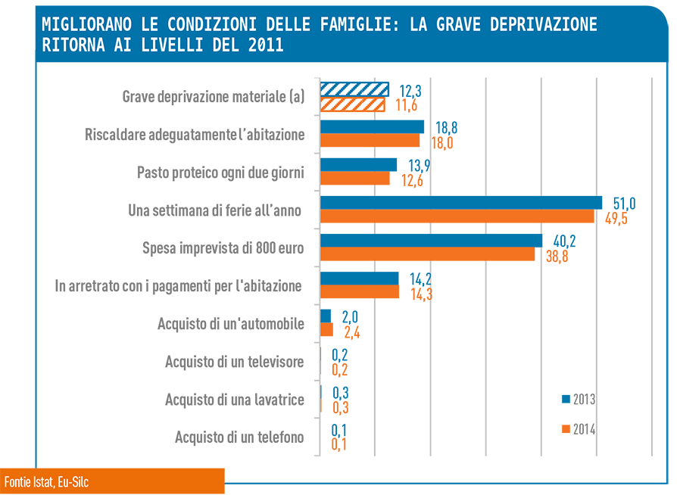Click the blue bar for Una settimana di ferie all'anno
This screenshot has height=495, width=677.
click(x=461, y=203)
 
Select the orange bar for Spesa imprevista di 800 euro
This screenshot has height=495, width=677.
click(x=427, y=254)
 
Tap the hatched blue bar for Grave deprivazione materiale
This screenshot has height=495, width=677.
click(x=354, y=89)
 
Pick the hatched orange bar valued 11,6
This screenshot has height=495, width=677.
click(x=352, y=105)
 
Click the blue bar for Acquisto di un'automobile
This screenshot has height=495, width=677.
click(x=326, y=316)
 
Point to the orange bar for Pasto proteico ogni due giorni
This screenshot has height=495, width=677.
click(x=355, y=178)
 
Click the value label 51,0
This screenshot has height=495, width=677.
click(x=624, y=204)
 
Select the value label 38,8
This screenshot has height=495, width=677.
click(x=557, y=257)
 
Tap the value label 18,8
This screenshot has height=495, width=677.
click(x=447, y=128)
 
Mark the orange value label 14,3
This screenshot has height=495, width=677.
click(x=421, y=294)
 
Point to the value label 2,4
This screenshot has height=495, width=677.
click(x=352, y=332)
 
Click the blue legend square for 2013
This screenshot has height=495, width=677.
click(x=566, y=399)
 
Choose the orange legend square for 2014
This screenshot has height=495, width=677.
click(x=566, y=429)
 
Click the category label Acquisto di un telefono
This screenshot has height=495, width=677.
click(x=239, y=437)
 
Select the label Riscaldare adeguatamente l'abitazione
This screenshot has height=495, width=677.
click(x=195, y=135)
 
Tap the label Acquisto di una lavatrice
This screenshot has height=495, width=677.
click(x=235, y=400)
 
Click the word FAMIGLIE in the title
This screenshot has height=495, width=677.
click(x=356, y=25)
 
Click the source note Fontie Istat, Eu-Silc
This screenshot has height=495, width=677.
click(x=47, y=481)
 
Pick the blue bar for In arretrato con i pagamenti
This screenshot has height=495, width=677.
click(x=359, y=279)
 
